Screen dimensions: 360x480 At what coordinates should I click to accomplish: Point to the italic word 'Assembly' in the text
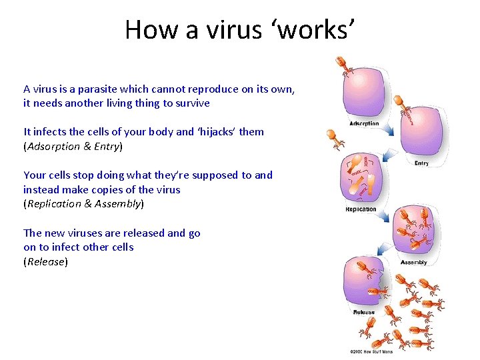(x=118, y=203)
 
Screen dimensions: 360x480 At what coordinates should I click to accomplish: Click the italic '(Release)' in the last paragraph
(x=45, y=261)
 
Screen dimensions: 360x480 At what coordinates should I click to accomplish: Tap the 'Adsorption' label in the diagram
(x=363, y=123)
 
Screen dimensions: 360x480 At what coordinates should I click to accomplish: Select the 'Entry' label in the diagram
(x=421, y=163)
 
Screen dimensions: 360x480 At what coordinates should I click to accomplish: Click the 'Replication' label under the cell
(x=361, y=209)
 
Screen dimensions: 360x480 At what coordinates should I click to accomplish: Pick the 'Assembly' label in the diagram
(x=413, y=263)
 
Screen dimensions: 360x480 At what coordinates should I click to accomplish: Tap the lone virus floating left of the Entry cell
(x=335, y=139)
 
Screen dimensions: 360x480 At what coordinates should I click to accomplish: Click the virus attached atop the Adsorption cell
(x=343, y=65)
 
